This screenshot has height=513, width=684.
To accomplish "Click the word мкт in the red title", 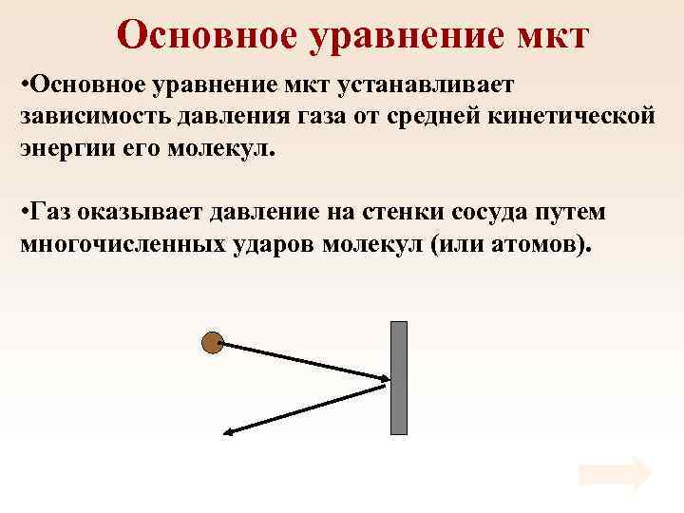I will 544,35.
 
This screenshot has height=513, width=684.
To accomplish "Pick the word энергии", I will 66,148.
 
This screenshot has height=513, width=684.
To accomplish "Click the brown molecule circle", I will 212,342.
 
